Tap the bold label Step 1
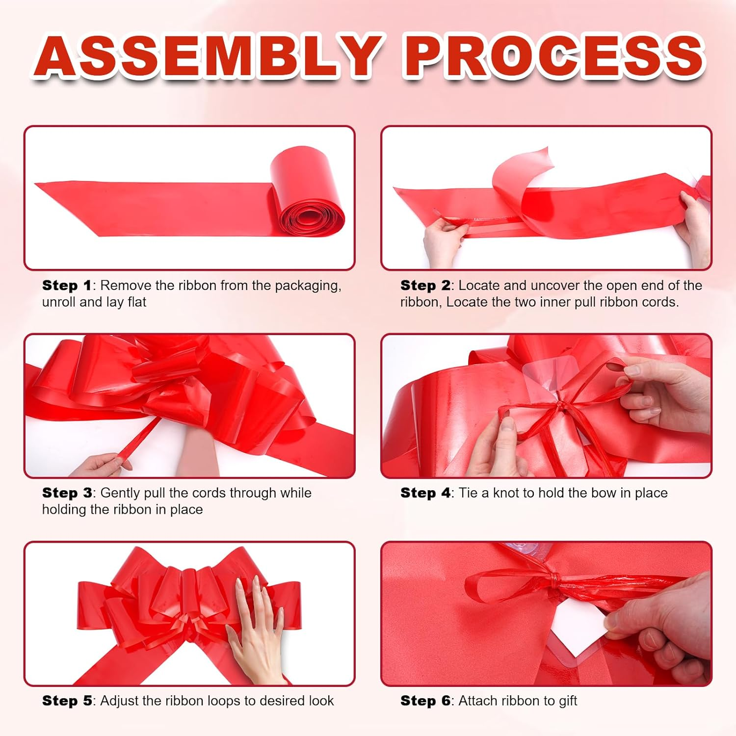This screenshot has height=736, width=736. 67,286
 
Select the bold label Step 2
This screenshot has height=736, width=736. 425,286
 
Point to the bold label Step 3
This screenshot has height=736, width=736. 67,493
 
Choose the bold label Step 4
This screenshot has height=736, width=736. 425,493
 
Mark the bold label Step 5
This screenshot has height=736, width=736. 67,701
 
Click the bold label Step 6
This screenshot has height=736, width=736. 425,701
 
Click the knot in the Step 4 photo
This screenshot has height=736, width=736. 559,407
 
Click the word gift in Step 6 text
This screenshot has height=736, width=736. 568,701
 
